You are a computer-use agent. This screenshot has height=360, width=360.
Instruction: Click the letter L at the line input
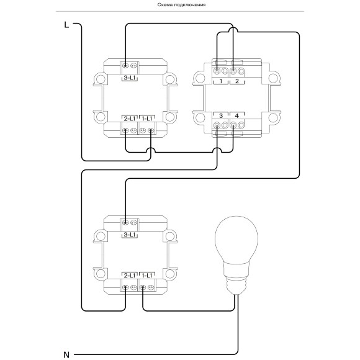pyautogui.click(x=66, y=25)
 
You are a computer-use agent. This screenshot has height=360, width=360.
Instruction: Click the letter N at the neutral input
pyautogui.click(x=66, y=354)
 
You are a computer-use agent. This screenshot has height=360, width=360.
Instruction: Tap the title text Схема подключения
pyautogui.click(x=181, y=5)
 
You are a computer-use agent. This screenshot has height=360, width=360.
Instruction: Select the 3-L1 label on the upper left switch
pyautogui.click(x=130, y=78)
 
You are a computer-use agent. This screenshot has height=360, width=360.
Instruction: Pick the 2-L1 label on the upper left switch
pyautogui.click(x=130, y=119)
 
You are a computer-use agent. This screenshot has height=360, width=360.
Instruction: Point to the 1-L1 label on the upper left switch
pyautogui.click(x=147, y=119)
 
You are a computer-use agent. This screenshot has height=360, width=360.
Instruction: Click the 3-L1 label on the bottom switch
pyautogui.click(x=130, y=235)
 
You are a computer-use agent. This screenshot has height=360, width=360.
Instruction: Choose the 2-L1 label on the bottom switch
pyautogui.click(x=130, y=276)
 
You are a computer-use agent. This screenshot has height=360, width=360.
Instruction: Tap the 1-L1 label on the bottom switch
pyautogui.click(x=147, y=276)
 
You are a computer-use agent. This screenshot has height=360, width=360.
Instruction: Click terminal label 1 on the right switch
pyautogui.click(x=221, y=81)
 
